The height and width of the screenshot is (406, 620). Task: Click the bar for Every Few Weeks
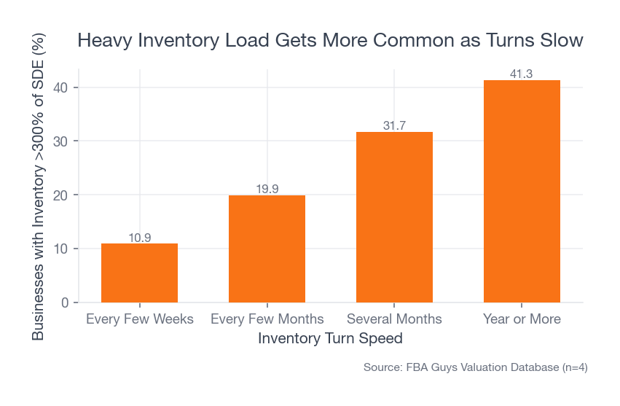click(139, 273)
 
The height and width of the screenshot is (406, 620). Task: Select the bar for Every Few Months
click(267, 249)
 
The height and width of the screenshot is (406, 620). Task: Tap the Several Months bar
click(394, 217)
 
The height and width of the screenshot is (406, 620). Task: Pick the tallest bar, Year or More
click(522, 191)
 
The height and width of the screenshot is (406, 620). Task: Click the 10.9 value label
click(139, 238)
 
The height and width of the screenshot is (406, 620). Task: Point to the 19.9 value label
click(267, 190)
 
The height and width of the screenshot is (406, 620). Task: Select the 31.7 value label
click(394, 126)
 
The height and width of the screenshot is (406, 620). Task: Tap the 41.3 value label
click(522, 74)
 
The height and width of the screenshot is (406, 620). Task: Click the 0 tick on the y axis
click(64, 302)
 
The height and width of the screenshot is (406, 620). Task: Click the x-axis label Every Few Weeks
click(139, 319)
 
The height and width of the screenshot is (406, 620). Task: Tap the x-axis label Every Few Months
click(267, 319)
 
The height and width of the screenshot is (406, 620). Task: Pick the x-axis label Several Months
click(394, 319)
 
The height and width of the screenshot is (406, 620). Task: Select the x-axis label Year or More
click(522, 319)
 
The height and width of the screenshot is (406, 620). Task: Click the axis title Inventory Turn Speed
click(330, 339)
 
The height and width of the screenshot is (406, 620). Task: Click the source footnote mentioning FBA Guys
click(475, 368)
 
